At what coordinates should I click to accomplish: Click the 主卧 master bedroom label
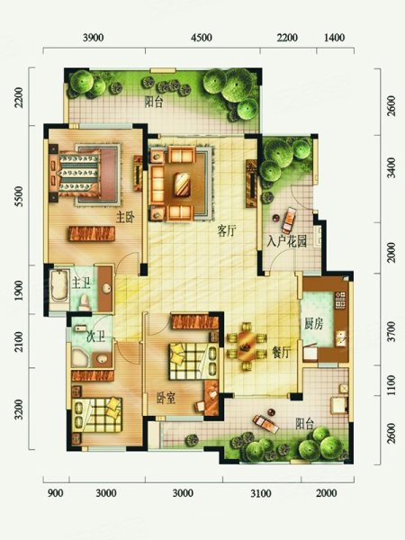coord(125,218)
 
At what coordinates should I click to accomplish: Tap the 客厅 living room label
coord(227,230)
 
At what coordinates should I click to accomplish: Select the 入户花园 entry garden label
coord(286,241)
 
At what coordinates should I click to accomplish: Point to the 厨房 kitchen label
coord(313,324)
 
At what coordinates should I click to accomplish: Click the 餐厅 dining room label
coord(281,352)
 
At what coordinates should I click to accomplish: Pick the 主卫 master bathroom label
coord(81,283)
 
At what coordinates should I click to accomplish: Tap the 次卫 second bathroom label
coord(95,336)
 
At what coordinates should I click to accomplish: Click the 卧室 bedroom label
coord(166,398)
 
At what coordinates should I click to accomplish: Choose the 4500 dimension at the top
coord(202,37)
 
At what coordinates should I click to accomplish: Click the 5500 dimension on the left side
coord(19,196)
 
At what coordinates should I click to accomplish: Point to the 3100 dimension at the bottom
coord(261,493)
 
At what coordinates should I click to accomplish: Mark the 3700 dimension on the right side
coord(391,331)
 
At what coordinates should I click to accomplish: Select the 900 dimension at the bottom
coord(55,493)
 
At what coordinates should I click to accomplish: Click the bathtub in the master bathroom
coord(59,286)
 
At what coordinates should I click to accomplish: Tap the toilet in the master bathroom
coord(84,302)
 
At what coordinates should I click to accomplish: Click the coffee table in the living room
coord(182,184)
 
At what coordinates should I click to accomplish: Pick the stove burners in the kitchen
coord(340,300)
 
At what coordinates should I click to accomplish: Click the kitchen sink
coord(340,338)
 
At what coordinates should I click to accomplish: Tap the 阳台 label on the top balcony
coord(154,102)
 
